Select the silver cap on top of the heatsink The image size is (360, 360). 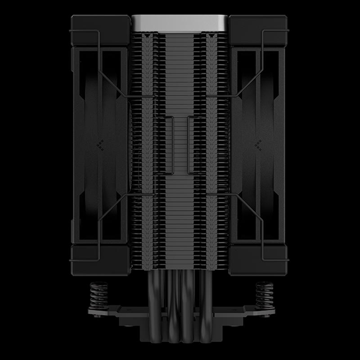[180, 23]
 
